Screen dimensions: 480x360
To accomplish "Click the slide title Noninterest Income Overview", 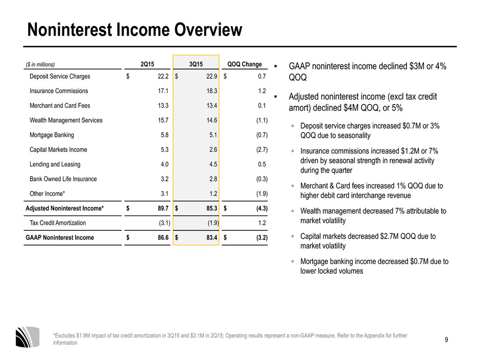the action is (135, 30).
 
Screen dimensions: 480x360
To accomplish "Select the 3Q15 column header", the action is (196, 64).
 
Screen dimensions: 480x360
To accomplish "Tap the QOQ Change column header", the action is (245, 64).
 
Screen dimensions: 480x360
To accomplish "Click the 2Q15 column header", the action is (147, 64).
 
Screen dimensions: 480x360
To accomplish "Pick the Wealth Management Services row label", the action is (66, 121).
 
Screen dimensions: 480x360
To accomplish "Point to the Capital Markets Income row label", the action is (58, 150).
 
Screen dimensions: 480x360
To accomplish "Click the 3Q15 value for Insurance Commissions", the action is (212, 91).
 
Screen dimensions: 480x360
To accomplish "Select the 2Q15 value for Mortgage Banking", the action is (165, 135).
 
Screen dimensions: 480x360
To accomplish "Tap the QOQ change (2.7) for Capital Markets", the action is (262, 150).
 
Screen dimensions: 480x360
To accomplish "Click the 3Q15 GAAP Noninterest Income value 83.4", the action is (212, 237).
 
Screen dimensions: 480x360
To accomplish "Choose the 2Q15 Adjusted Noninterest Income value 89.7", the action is (163, 208).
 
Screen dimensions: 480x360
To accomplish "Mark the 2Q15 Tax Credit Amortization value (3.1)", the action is (165, 223).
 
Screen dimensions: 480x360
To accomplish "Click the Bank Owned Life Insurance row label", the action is (63, 179).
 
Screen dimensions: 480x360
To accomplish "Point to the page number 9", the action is (446, 340).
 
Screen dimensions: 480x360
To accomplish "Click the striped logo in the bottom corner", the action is (28, 337).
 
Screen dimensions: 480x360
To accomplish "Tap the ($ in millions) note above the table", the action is (40, 64).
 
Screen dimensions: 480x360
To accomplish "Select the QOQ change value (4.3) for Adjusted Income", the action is (262, 208).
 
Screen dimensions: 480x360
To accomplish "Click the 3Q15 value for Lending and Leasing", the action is (213, 164).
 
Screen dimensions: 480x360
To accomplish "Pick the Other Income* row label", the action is (47, 194).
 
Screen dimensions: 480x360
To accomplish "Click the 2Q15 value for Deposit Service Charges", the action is (163, 77).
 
